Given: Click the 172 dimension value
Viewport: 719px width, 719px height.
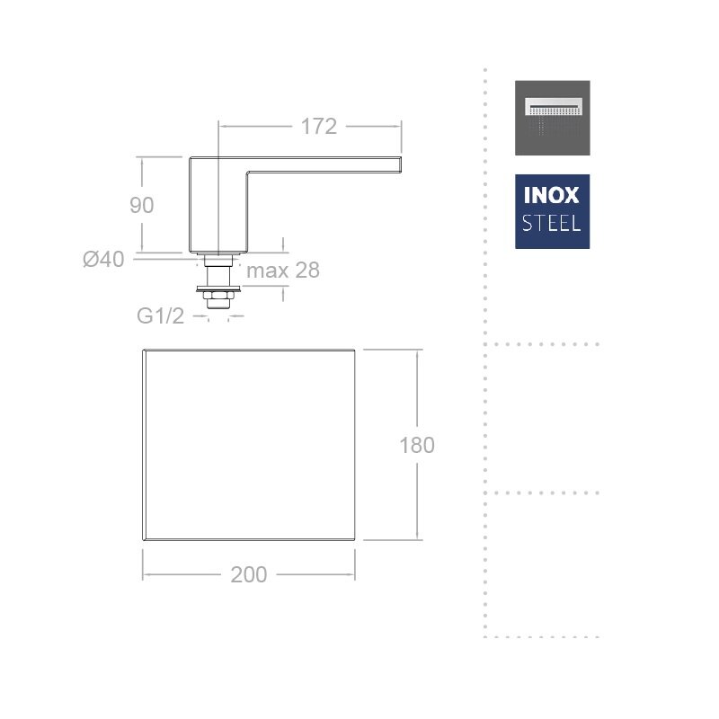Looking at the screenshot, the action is point(319,127).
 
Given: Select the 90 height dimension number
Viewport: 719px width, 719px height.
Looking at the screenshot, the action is point(142,205).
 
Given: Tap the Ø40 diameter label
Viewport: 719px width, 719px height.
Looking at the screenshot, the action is point(103,259).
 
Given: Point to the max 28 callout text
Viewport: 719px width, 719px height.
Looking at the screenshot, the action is point(283,271).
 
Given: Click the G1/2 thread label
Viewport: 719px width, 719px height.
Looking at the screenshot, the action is point(161,315).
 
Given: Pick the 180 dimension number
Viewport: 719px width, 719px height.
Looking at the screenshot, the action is point(417,445).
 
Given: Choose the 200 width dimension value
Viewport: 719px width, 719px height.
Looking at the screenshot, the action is point(249,574).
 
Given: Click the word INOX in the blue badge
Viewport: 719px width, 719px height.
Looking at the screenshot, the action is point(552,196).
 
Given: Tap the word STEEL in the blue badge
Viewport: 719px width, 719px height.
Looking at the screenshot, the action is point(552,223).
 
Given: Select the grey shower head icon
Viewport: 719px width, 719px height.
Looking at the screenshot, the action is point(553,118).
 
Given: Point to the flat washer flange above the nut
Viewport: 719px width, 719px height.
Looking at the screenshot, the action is point(218,288).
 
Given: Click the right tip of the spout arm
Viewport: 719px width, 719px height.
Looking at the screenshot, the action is point(401,164).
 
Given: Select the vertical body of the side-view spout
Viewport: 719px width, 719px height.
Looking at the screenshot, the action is point(218,205).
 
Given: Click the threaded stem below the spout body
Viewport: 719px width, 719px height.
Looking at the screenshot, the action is point(218,276).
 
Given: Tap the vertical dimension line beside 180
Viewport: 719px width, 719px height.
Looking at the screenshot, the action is point(417,445).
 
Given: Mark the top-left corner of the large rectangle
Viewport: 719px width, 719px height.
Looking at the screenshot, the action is point(144,350).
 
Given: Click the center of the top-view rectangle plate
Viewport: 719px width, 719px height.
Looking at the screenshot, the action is point(249,445).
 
